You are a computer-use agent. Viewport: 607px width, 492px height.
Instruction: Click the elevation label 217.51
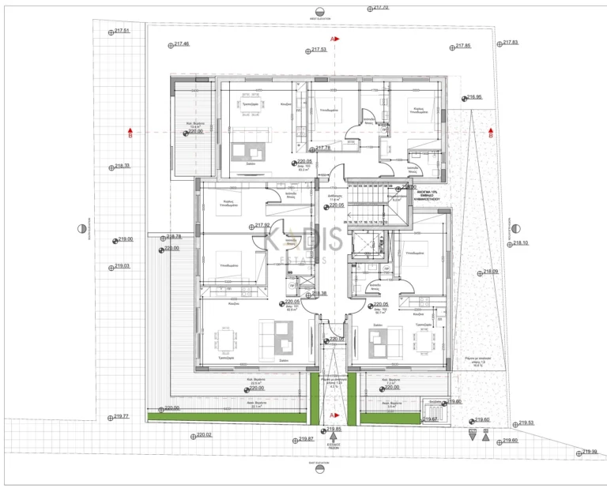(122, 31)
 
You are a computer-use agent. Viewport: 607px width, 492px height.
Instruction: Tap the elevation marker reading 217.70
(379, 8)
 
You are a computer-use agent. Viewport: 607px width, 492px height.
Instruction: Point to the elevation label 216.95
(473, 98)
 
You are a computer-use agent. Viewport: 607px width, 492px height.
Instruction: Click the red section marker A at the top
(334, 38)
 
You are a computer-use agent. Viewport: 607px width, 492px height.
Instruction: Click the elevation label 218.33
(122, 166)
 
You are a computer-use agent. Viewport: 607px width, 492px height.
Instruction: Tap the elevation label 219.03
(122, 266)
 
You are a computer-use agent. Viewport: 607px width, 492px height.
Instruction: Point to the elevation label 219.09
(489, 272)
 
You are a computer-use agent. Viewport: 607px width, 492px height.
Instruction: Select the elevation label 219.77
(120, 416)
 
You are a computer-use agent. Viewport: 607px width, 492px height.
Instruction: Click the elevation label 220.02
(203, 435)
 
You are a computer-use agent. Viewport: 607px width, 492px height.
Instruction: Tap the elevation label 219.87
(306, 439)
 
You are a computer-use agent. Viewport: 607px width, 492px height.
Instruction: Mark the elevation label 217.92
(262, 225)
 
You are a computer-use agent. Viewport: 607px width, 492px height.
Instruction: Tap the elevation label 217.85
(462, 47)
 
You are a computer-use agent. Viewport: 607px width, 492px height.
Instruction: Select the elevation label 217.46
(180, 44)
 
